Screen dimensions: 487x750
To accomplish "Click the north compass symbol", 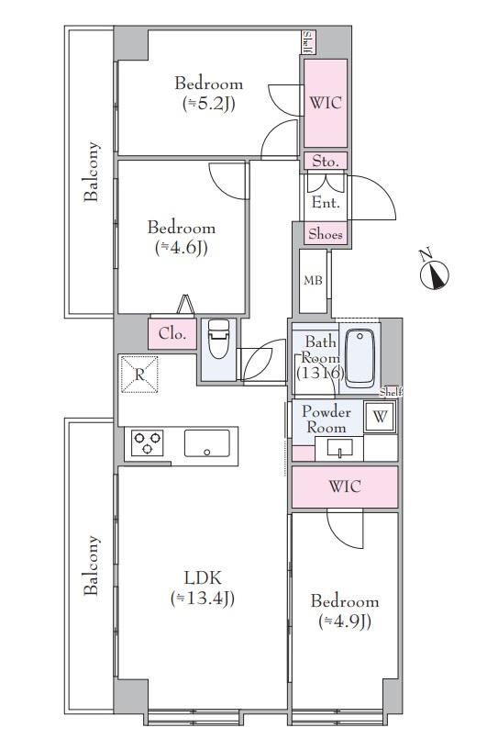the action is (434, 273).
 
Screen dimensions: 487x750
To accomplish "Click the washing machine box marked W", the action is (380, 417).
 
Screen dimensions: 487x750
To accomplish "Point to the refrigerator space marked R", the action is (139, 374).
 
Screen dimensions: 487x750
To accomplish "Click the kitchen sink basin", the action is (207, 442).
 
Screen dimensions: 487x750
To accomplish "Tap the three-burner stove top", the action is (147, 442).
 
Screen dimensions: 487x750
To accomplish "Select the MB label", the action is (313, 280).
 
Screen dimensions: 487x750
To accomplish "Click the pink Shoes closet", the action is (326, 234).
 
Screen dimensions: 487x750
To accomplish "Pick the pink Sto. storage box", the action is (326, 162).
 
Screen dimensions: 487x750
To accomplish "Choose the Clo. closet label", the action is (172, 333).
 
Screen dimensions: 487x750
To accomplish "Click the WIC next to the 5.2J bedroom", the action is (326, 103).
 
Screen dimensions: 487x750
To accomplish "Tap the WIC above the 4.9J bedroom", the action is (345, 487).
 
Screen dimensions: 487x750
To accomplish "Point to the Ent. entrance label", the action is (326, 202).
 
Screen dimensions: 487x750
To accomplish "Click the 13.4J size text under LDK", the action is (202, 598).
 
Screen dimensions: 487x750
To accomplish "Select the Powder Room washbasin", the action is (339, 448).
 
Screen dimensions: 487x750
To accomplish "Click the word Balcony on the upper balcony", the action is (92, 171).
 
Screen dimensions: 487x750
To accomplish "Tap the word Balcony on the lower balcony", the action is (92, 565).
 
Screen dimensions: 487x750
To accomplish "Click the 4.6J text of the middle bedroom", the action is (181, 248).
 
